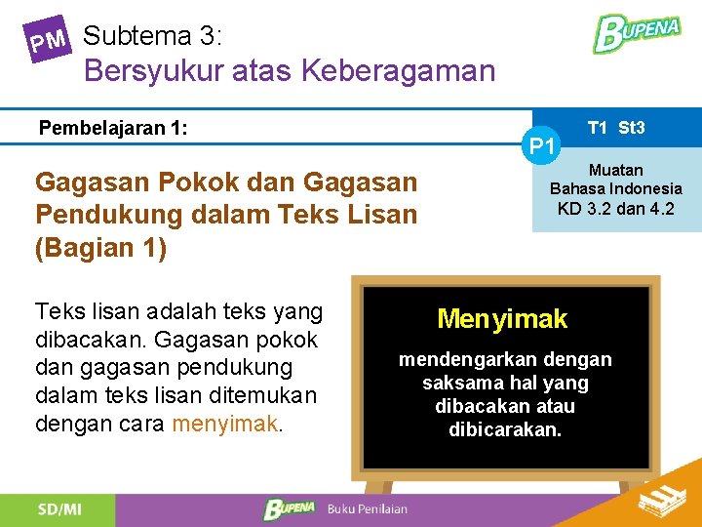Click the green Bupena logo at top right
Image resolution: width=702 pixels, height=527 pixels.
click(x=637, y=33)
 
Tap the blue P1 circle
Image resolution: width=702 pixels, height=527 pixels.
click(x=542, y=146)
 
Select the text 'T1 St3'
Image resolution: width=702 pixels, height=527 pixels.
click(x=616, y=128)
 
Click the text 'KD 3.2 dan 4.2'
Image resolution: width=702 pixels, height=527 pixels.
click(x=616, y=208)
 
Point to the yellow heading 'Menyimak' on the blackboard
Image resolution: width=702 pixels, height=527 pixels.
click(x=502, y=318)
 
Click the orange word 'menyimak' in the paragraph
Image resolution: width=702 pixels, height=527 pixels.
click(x=224, y=425)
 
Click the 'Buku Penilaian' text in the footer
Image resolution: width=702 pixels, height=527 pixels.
click(x=368, y=509)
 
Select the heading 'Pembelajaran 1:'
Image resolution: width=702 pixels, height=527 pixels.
click(x=113, y=128)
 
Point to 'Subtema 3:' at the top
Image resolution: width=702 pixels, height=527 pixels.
click(x=153, y=37)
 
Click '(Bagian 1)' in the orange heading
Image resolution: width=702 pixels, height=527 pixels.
click(x=101, y=248)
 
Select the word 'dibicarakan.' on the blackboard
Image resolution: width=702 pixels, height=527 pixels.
click(x=505, y=429)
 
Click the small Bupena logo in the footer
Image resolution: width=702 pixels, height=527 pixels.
click(x=290, y=509)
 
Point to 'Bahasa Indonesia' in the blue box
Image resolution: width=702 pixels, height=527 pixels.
click(x=616, y=188)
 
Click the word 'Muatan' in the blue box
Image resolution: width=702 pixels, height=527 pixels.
click(x=616, y=171)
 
